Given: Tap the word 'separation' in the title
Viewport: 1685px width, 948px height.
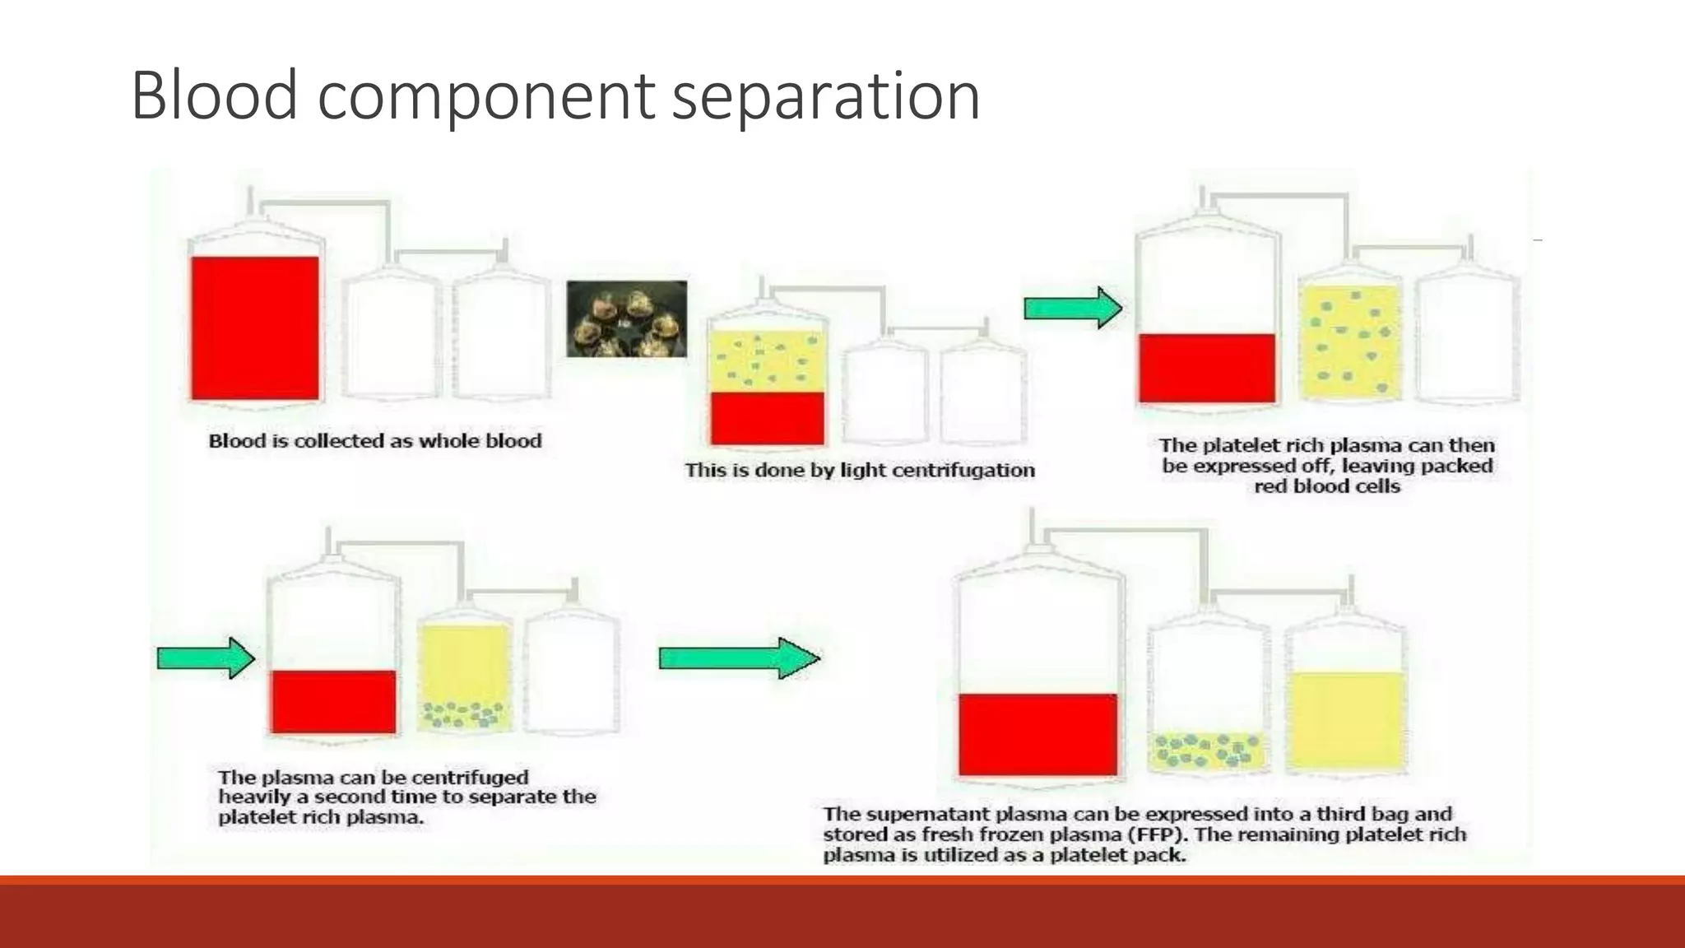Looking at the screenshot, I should click(825, 97).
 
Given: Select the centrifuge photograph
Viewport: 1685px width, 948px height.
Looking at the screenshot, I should click(626, 318).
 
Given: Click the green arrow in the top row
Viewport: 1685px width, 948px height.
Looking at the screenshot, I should click(1072, 309).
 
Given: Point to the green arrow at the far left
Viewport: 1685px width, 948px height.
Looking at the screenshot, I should click(206, 658).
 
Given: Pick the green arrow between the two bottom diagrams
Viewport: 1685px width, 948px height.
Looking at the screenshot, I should click(739, 658).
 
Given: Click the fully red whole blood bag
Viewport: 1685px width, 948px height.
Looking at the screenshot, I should click(255, 328).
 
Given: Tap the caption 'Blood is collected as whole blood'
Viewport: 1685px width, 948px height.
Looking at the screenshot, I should click(375, 441).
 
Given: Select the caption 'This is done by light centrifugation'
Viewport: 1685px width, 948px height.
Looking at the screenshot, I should click(860, 470).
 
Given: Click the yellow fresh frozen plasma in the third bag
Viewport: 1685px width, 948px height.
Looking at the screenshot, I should click(1344, 720).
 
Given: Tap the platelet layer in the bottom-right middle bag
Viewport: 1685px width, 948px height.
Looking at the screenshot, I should click(1208, 750).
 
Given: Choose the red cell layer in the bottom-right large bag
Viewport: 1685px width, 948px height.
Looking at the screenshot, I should click(1037, 734).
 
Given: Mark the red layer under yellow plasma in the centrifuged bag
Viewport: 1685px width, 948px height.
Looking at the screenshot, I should click(767, 418).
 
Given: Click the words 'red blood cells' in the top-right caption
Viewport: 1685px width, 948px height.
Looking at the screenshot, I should click(1326, 486).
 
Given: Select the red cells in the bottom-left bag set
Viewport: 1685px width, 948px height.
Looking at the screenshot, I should click(333, 701).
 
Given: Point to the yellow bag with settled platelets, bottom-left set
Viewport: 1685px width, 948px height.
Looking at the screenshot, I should click(464, 676).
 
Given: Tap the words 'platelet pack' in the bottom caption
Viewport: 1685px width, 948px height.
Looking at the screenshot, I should click(1130, 855).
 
